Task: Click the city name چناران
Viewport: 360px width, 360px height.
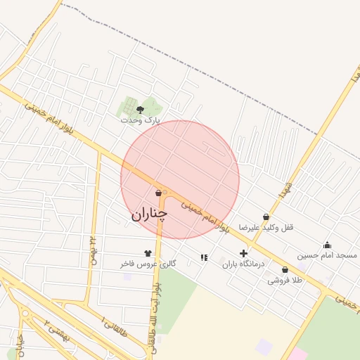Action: click(150, 213)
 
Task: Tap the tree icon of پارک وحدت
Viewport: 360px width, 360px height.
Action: click(140, 110)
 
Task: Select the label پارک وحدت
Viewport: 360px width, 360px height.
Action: click(140, 120)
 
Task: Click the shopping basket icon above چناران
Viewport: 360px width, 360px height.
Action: click(158, 193)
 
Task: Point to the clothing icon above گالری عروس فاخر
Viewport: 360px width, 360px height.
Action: click(148, 253)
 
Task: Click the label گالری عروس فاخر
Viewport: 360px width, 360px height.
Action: click(147, 264)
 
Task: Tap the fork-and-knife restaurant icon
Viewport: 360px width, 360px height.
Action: click(204, 257)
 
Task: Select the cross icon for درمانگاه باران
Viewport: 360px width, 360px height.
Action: click(243, 253)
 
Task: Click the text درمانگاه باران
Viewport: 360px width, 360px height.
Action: click(243, 264)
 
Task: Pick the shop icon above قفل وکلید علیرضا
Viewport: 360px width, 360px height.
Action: click(266, 217)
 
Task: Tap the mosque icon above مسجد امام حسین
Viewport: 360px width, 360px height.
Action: click(327, 245)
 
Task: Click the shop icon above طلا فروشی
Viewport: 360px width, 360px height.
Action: click(285, 269)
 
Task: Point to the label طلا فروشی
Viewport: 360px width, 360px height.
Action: click(284, 280)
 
